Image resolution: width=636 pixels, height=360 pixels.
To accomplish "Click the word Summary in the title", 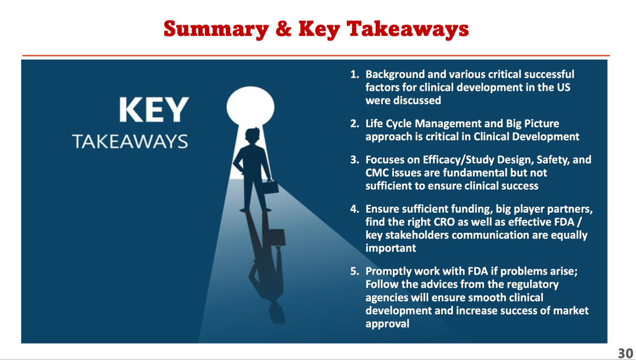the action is [216, 29].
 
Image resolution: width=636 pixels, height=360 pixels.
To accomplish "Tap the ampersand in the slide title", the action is [283, 29].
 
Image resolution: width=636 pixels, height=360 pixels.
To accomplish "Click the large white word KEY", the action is [154, 110].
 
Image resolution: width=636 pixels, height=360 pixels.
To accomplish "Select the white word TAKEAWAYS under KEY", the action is [130, 141].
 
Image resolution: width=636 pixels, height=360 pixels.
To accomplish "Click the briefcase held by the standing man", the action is [269, 187].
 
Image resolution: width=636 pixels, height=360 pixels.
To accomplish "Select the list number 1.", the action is [355, 74].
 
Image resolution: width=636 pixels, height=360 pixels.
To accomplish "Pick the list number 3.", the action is [355, 160].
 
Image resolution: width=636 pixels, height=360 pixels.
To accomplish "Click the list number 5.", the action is [355, 271].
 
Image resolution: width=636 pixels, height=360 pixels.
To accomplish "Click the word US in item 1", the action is [564, 87].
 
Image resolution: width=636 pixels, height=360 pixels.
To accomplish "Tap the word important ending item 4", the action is [390, 249].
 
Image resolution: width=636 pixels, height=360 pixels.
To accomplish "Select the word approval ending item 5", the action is [387, 324].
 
